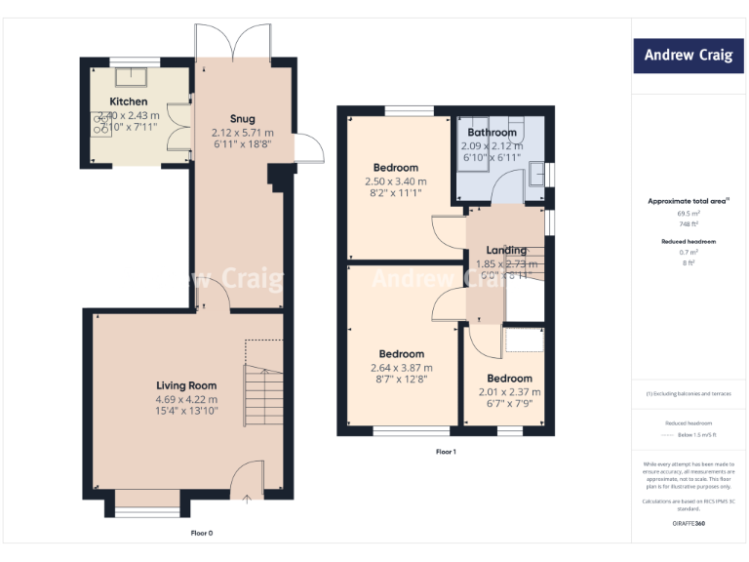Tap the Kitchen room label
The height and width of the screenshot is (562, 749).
point(129,101)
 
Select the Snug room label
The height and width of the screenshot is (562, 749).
point(242,119)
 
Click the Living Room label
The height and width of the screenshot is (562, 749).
point(186,385)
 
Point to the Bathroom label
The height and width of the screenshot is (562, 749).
point(492,133)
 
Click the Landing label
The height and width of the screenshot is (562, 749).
point(506,251)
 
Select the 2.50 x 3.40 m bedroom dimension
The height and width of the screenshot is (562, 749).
point(395,181)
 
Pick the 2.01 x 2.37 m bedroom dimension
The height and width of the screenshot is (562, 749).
point(509,392)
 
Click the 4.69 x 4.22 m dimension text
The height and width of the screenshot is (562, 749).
point(186,399)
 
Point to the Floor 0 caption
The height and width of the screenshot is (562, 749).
point(201,533)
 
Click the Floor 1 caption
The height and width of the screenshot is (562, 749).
point(446,452)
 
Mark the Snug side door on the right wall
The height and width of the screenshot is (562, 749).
point(308,149)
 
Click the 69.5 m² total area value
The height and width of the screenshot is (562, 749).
point(689,213)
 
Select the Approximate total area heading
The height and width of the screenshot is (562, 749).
point(689,201)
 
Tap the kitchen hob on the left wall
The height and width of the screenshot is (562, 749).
point(100,122)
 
